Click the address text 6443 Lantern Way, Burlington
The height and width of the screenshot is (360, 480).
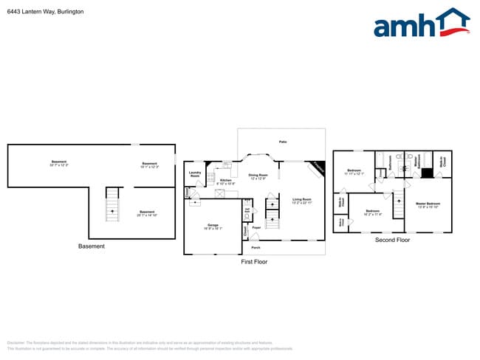tap(45, 13)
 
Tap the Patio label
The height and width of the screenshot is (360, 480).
tap(282, 142)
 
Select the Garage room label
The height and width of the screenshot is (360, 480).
tap(212, 226)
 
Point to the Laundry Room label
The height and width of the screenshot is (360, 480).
tap(195, 175)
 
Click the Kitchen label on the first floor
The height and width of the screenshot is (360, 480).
tap(226, 181)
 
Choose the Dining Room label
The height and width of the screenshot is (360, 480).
tap(258, 176)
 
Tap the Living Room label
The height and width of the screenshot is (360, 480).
tap(301, 201)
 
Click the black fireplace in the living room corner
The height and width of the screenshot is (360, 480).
tap(318, 167)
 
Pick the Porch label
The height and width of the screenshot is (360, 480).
tap(256, 248)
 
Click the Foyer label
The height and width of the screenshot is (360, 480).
tap(256, 228)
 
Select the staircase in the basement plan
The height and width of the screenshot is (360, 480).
tap(112, 204)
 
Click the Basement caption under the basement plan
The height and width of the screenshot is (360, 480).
tap(92, 246)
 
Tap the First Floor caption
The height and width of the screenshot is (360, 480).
tap(254, 262)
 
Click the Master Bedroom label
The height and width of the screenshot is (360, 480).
tap(428, 205)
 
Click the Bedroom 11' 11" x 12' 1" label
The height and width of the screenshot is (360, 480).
tap(355, 173)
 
